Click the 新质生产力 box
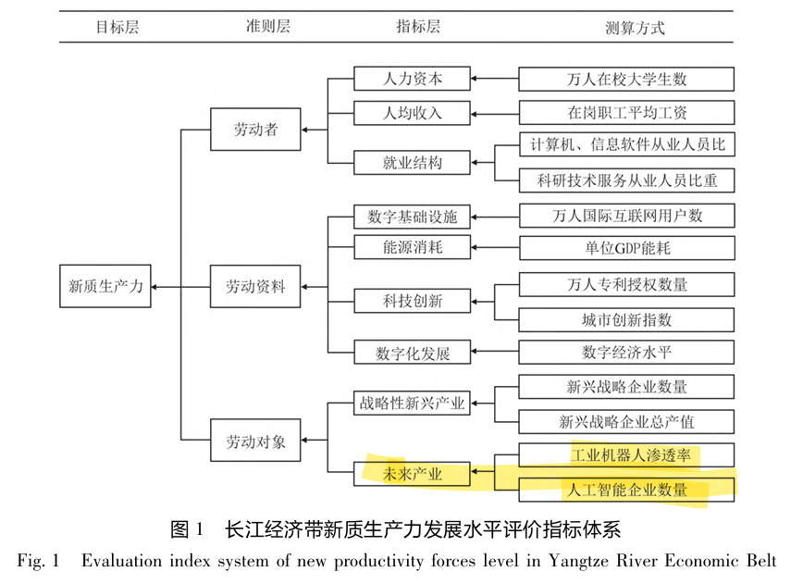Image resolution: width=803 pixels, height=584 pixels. pos(105,287)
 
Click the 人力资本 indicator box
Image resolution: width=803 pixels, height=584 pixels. pos(412,79)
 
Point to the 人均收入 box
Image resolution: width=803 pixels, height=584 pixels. pos(412,114)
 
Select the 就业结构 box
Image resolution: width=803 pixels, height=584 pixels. pos(412,163)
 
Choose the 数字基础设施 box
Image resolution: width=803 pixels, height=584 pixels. pos(412,217)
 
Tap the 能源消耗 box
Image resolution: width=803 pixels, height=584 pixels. pos(412,247)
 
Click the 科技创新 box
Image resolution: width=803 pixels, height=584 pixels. pos(412,301)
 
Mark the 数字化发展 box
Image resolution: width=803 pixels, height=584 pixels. pos(412,352)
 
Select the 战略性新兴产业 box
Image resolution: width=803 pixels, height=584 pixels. pos(412,404)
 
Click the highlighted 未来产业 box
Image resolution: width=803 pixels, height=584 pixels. pos(412,475)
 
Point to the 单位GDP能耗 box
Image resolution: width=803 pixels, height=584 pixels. pos(626,247)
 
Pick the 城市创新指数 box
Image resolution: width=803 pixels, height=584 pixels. pos(626,319)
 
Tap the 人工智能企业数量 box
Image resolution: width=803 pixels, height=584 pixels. pos(626,489)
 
